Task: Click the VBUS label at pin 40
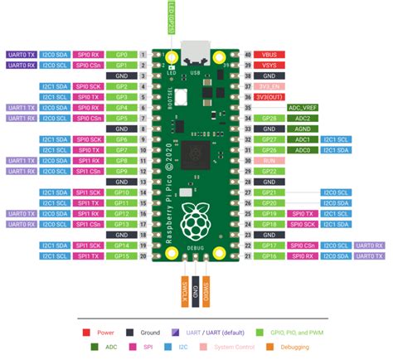pos(270,54)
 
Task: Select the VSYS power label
pos(270,65)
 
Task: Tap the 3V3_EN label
pos(270,86)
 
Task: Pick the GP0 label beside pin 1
pos(121,54)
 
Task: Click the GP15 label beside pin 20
pos(121,256)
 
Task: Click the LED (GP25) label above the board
pos(171,17)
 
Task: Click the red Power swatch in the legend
pos(85,332)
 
